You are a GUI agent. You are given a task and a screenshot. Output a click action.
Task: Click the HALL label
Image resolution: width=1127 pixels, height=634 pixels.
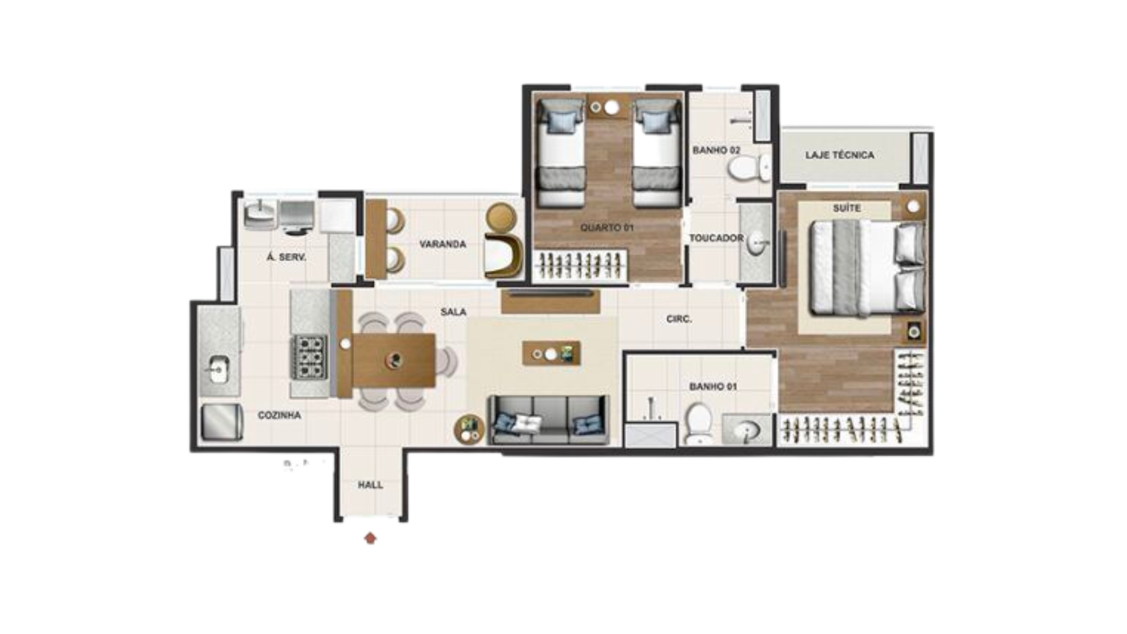click(370, 485)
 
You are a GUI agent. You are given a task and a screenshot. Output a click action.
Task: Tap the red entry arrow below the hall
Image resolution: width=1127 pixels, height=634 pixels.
click(370, 538)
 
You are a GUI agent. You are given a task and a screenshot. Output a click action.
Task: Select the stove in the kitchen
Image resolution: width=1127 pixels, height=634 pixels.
click(309, 357)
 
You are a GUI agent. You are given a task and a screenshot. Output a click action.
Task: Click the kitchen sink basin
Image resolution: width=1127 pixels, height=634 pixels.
click(218, 370)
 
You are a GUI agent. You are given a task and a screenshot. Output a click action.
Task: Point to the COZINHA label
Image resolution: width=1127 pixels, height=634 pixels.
click(279, 415)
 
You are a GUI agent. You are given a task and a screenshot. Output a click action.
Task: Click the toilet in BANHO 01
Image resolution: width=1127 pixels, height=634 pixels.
click(699, 423)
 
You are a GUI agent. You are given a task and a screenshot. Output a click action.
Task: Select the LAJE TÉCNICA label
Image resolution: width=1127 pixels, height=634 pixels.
click(839, 155)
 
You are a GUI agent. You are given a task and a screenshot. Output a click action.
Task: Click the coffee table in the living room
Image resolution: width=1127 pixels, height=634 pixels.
click(551, 353)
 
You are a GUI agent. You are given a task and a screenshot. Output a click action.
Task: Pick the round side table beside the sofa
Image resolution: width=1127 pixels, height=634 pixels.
click(469, 429)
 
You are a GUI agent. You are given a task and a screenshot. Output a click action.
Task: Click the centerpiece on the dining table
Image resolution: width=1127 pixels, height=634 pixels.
click(396, 360)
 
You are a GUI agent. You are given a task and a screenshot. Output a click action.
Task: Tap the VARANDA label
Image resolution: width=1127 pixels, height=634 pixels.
click(443, 244)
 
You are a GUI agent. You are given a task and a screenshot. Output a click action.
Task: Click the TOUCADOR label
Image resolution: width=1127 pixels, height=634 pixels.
click(716, 238)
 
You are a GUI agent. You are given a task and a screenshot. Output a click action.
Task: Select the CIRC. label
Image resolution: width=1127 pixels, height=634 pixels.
click(679, 319)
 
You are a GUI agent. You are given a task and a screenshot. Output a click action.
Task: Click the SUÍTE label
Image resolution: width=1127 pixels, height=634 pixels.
click(846, 208)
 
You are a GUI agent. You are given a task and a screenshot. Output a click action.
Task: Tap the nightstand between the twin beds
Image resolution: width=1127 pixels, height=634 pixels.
click(609, 106)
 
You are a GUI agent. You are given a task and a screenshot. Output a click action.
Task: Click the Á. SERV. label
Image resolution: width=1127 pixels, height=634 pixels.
click(286, 257)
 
